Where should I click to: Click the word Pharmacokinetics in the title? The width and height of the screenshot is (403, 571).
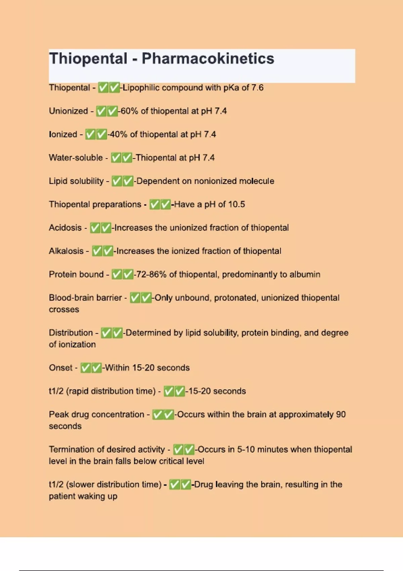tap(208, 58)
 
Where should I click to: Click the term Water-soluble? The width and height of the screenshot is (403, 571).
tap(76, 158)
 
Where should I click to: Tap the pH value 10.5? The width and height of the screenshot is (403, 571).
tap(236, 204)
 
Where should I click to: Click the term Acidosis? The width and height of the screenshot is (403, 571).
tap(65, 228)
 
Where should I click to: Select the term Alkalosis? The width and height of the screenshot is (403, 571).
tap(66, 251)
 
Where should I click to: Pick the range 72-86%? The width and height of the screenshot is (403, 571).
tap(151, 274)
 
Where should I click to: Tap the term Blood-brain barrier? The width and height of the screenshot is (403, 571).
tap(85, 298)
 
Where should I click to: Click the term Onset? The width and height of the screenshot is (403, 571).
tap(60, 368)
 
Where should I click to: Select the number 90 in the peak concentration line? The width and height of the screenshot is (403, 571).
tap(341, 414)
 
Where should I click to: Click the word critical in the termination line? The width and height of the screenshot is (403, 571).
tap(172, 461)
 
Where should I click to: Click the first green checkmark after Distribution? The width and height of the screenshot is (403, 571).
tap(106, 333)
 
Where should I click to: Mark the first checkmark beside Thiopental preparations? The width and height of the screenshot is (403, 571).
tap(154, 204)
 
